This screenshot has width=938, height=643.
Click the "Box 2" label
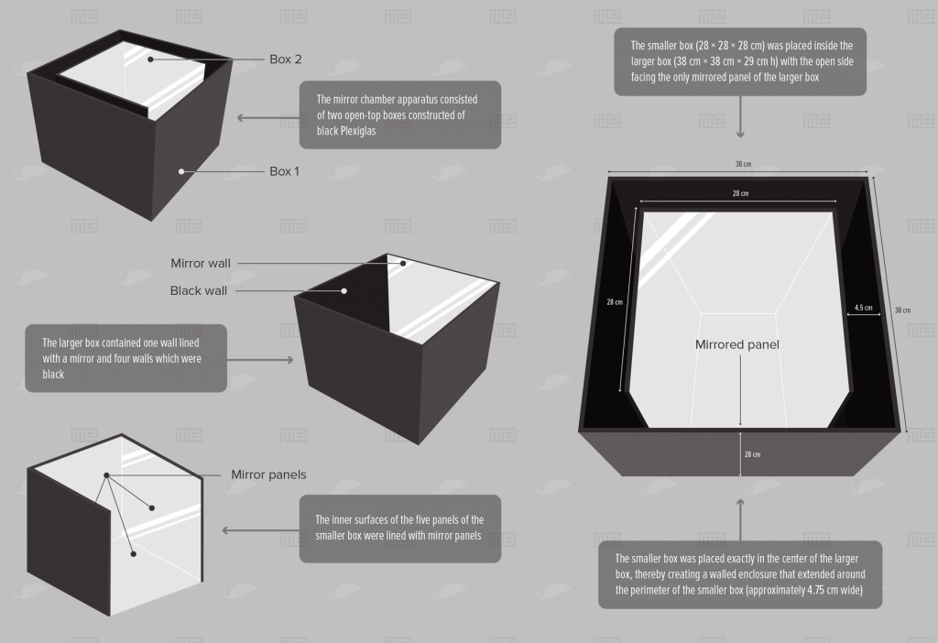pyautogui.click(x=285, y=60)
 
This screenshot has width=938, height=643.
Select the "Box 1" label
pyautogui.click(x=284, y=171)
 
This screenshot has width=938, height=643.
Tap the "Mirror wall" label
pyautogui.click(x=201, y=264)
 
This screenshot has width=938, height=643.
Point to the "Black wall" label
pyautogui.click(x=198, y=291)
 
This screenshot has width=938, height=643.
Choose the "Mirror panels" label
pyautogui.click(x=268, y=474)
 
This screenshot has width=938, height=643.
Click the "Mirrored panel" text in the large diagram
pyautogui.click(x=736, y=345)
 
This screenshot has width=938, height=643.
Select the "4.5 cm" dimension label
pyautogui.click(x=863, y=308)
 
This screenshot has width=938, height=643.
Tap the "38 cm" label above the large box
pyautogui.click(x=742, y=165)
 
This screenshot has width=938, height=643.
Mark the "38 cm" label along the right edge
pyautogui.click(x=902, y=310)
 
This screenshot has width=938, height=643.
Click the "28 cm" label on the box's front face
pyautogui.click(x=751, y=454)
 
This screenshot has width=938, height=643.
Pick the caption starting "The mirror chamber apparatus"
pyautogui.click(x=400, y=115)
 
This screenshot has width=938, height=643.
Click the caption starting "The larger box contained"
pyautogui.click(x=125, y=358)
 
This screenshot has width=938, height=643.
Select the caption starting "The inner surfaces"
pyautogui.click(x=400, y=529)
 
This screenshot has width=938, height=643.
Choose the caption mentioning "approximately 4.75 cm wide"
pyautogui.click(x=741, y=574)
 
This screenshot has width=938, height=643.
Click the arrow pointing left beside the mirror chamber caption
pyautogui.click(x=264, y=117)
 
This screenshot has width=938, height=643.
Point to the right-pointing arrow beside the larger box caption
pyautogui.click(x=262, y=359)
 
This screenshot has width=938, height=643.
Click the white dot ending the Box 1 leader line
pyautogui.click(x=182, y=171)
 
